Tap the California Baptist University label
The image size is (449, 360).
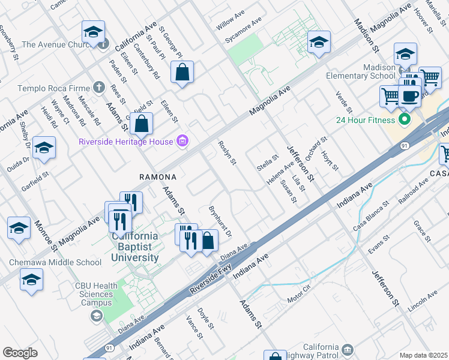point(135,247)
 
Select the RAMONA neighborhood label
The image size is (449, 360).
point(158,177)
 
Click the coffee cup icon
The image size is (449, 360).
point(410,96)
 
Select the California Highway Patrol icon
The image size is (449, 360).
point(348,349)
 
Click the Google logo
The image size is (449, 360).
point(20,353)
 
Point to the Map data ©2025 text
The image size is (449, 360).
point(423,355)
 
